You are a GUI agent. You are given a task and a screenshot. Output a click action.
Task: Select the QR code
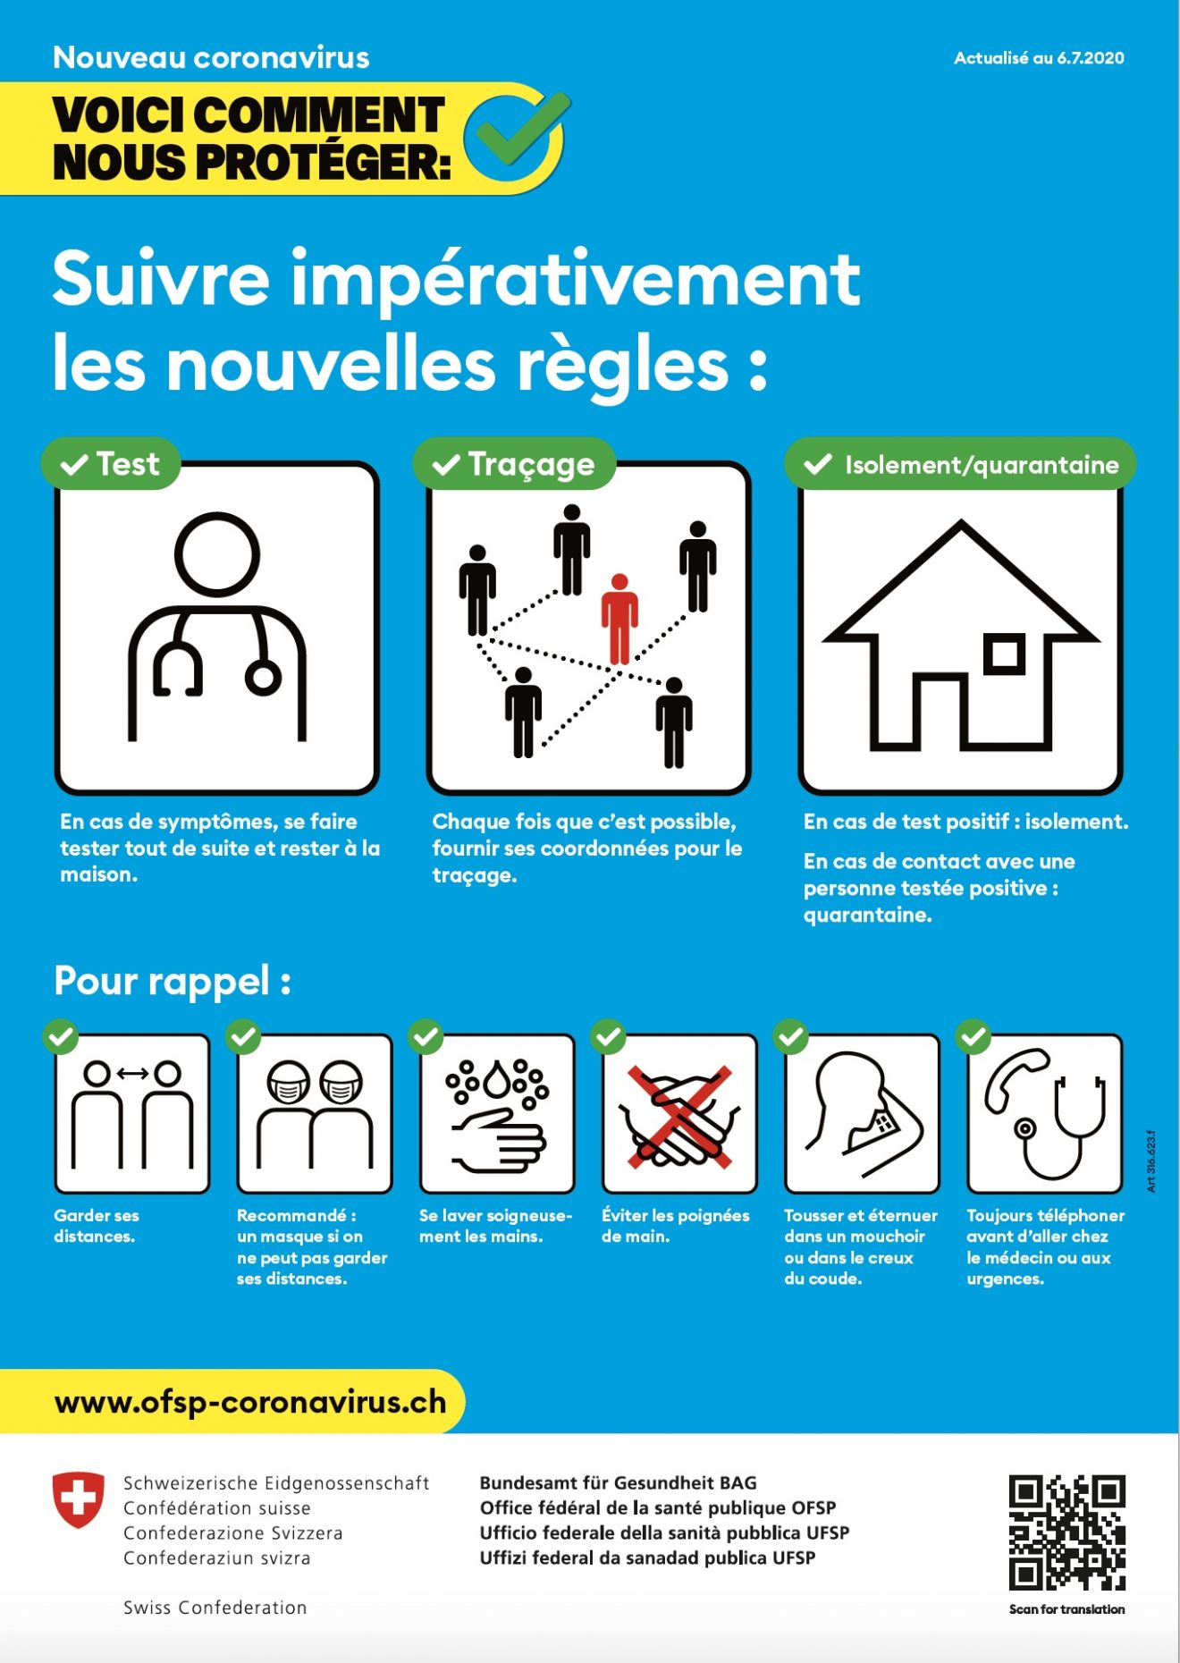pyautogui.click(x=1066, y=1532)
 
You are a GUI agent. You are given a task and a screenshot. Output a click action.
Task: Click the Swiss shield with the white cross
pyautogui.click(x=79, y=1499)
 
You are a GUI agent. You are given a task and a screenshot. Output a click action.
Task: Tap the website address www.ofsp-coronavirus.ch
pyautogui.click(x=250, y=1402)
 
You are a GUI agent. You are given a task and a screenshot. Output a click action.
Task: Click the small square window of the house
pyautogui.click(x=1004, y=654)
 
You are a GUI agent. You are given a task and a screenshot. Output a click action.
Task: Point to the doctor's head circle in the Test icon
pyautogui.click(x=217, y=554)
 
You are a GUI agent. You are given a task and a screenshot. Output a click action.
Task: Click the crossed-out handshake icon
pyautogui.click(x=680, y=1115)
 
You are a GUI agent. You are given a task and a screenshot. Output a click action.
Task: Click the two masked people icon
pyautogui.click(x=315, y=1115)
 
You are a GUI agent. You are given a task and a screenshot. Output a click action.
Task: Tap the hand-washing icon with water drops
pyautogui.click(x=498, y=1115)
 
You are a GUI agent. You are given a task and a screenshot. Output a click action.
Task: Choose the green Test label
pyautogui.click(x=111, y=464)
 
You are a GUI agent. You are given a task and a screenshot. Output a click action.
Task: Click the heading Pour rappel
pyautogui.click(x=173, y=981)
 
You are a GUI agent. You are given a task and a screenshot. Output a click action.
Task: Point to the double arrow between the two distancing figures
pyautogui.click(x=132, y=1073)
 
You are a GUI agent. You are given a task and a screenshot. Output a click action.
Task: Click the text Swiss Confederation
pyautogui.click(x=215, y=1608)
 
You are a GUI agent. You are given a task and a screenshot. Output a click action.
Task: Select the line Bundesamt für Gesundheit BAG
pyautogui.click(x=618, y=1483)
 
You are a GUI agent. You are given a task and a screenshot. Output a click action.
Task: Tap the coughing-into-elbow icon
pyautogui.click(x=863, y=1115)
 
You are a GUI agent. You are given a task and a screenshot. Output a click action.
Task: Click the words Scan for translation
pyautogui.click(x=1066, y=1609)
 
